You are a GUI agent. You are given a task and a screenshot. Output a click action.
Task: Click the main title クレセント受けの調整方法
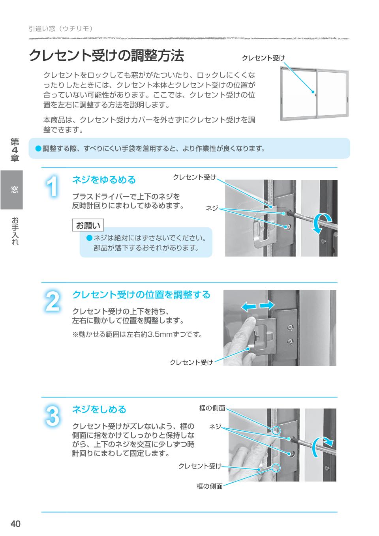107,56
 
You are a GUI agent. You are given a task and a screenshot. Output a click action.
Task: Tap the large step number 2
53,301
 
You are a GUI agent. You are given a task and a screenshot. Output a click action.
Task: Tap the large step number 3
53,416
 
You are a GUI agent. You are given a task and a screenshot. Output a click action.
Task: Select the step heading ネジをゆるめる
104,180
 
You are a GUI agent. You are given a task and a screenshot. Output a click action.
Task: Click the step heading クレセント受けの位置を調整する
141,295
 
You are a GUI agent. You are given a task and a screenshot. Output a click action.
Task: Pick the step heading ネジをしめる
99,409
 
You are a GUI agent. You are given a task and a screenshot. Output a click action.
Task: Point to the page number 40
15,524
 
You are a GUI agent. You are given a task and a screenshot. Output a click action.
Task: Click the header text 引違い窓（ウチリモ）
61,28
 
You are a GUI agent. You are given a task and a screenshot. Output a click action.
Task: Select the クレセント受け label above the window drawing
263,58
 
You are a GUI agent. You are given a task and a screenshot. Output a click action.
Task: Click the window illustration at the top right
314,94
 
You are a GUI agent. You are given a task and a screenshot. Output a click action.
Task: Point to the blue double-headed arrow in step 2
258,305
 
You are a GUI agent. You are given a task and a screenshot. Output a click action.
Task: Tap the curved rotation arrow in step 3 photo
320,447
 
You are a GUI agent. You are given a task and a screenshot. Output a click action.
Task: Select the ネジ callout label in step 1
212,208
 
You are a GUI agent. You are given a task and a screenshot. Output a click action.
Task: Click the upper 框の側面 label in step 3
212,408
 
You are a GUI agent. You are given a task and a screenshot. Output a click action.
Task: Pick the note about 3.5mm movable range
137,334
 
